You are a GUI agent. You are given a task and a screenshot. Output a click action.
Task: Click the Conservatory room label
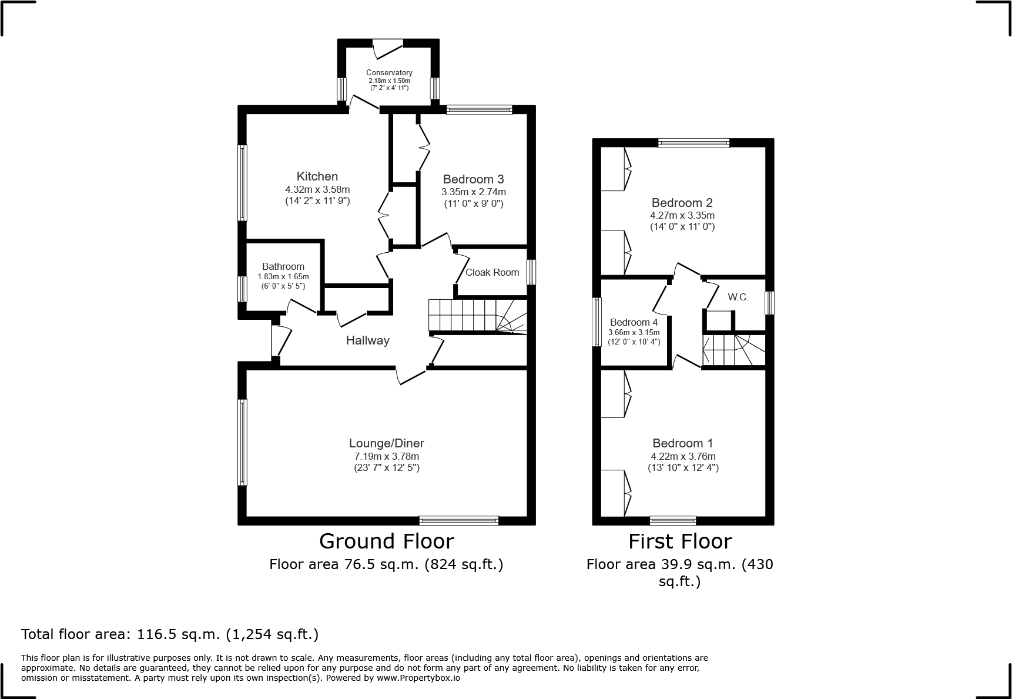pos(389,73)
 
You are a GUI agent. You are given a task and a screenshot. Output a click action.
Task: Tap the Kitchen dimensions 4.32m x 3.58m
pos(317,189)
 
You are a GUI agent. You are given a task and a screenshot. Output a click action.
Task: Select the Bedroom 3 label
pos(473,179)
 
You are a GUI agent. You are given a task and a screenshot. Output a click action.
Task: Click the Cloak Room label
pos(492,272)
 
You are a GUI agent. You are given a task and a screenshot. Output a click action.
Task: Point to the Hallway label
pos(367,340)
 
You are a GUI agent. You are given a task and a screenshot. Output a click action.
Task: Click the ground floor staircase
pos(476,316)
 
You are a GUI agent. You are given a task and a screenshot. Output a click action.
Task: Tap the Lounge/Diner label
pos(386,444)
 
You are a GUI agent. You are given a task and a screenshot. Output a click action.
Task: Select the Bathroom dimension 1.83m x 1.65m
pos(283,277)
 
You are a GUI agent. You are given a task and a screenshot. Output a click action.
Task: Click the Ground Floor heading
pos(386,541)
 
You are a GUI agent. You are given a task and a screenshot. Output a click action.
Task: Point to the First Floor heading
pos(680,541)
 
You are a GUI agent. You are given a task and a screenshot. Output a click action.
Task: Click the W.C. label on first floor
pos(738,297)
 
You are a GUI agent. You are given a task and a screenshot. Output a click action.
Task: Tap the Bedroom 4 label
pos(634,322)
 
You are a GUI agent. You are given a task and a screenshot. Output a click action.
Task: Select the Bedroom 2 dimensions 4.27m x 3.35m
pos(682,215)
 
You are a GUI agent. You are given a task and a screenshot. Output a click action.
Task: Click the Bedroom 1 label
pos(682,443)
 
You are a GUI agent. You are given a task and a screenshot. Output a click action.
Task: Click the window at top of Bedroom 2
pos(693,142)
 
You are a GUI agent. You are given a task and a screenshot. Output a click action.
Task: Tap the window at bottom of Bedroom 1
pos(673,520)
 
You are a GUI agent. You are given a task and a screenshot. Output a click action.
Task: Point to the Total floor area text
pos(170,634)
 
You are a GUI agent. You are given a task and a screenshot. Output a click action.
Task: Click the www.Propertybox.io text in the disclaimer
pos(418,678)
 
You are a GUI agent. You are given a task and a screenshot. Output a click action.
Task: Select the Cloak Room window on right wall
pos(531,272)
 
